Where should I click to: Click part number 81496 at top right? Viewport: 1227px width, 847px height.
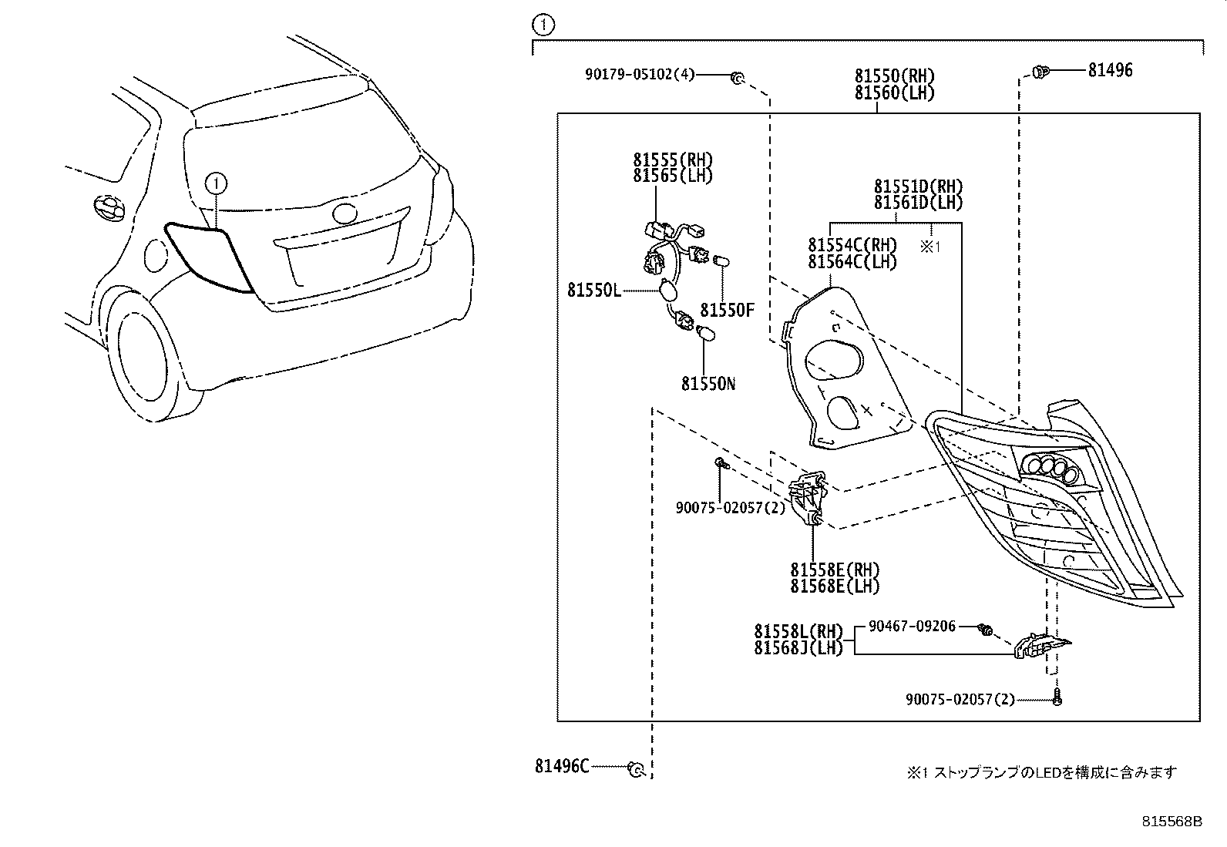[1110, 71]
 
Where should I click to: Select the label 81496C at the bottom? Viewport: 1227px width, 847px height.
[562, 766]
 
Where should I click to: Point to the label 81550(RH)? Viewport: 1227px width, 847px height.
[894, 76]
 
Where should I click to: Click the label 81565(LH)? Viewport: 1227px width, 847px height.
[673, 176]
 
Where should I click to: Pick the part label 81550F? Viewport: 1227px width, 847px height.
[727, 311]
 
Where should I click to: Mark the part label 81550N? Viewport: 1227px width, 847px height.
[708, 383]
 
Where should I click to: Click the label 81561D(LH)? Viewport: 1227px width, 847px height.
[918, 203]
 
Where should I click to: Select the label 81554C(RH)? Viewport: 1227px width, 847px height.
[852, 245]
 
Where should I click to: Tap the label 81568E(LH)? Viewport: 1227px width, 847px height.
[835, 586]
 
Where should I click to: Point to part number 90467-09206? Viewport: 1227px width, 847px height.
[912, 627]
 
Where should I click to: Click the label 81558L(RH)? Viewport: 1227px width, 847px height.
[798, 631]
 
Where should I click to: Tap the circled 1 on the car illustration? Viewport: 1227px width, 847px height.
[217, 183]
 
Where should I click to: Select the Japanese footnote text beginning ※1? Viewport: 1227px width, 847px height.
[1041, 772]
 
